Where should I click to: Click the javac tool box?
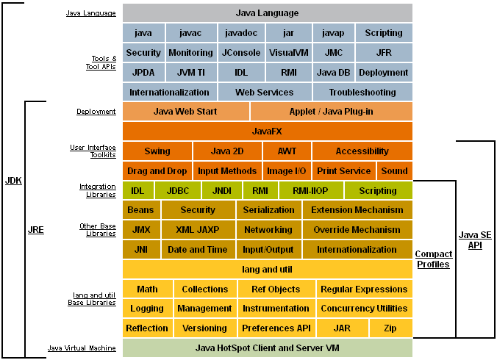coord(191,32)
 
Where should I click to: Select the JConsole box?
coord(241,53)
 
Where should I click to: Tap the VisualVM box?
coord(288,53)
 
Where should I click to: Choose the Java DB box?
coord(334,73)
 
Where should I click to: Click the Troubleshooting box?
coord(362,92)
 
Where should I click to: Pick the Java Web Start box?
coord(186,112)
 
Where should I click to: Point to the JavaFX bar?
coord(268,131)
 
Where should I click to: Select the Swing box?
coord(157,151)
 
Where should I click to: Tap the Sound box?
coord(395,171)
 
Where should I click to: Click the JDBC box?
coord(178,190)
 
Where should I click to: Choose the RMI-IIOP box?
coord(310,190)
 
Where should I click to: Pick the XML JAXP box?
coord(199,229)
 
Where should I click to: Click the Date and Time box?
coord(199,250)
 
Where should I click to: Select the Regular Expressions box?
coord(365,289)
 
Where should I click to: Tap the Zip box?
coord(391,328)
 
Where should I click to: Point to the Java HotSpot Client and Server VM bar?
coord(268,348)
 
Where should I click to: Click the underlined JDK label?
coord(13,181)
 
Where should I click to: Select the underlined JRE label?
coord(36,230)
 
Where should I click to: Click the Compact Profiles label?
coord(434,259)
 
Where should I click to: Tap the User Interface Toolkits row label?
coord(93,151)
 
